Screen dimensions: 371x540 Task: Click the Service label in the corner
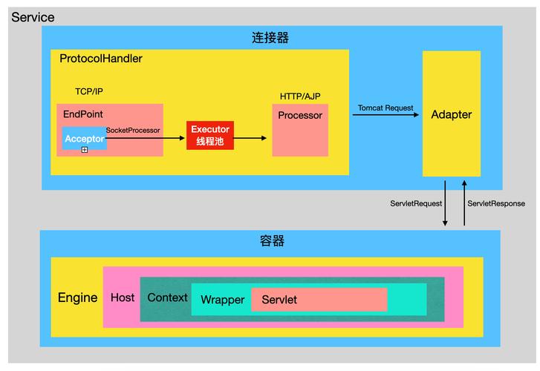pos(33,16)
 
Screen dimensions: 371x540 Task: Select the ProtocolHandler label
pos(101,59)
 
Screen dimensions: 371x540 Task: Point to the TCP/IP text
pos(89,92)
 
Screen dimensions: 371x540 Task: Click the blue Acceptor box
pos(84,138)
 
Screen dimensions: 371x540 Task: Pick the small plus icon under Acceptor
pos(85,150)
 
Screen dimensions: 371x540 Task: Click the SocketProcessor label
pos(133,130)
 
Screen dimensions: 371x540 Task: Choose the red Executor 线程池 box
pos(209,135)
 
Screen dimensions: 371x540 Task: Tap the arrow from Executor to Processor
pos(250,138)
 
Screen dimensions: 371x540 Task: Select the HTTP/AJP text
pos(300,96)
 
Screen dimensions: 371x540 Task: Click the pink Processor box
pos(300,130)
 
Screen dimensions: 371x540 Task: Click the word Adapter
pos(451,114)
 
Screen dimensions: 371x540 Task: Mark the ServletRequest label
pos(416,203)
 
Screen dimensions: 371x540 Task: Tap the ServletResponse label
pos(496,203)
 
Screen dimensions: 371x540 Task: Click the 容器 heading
pos(272,241)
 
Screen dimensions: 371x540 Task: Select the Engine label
pos(77,298)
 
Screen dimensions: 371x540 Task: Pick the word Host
pos(123,298)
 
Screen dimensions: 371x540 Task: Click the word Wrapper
pos(222,300)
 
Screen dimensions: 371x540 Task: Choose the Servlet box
pos(319,299)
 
